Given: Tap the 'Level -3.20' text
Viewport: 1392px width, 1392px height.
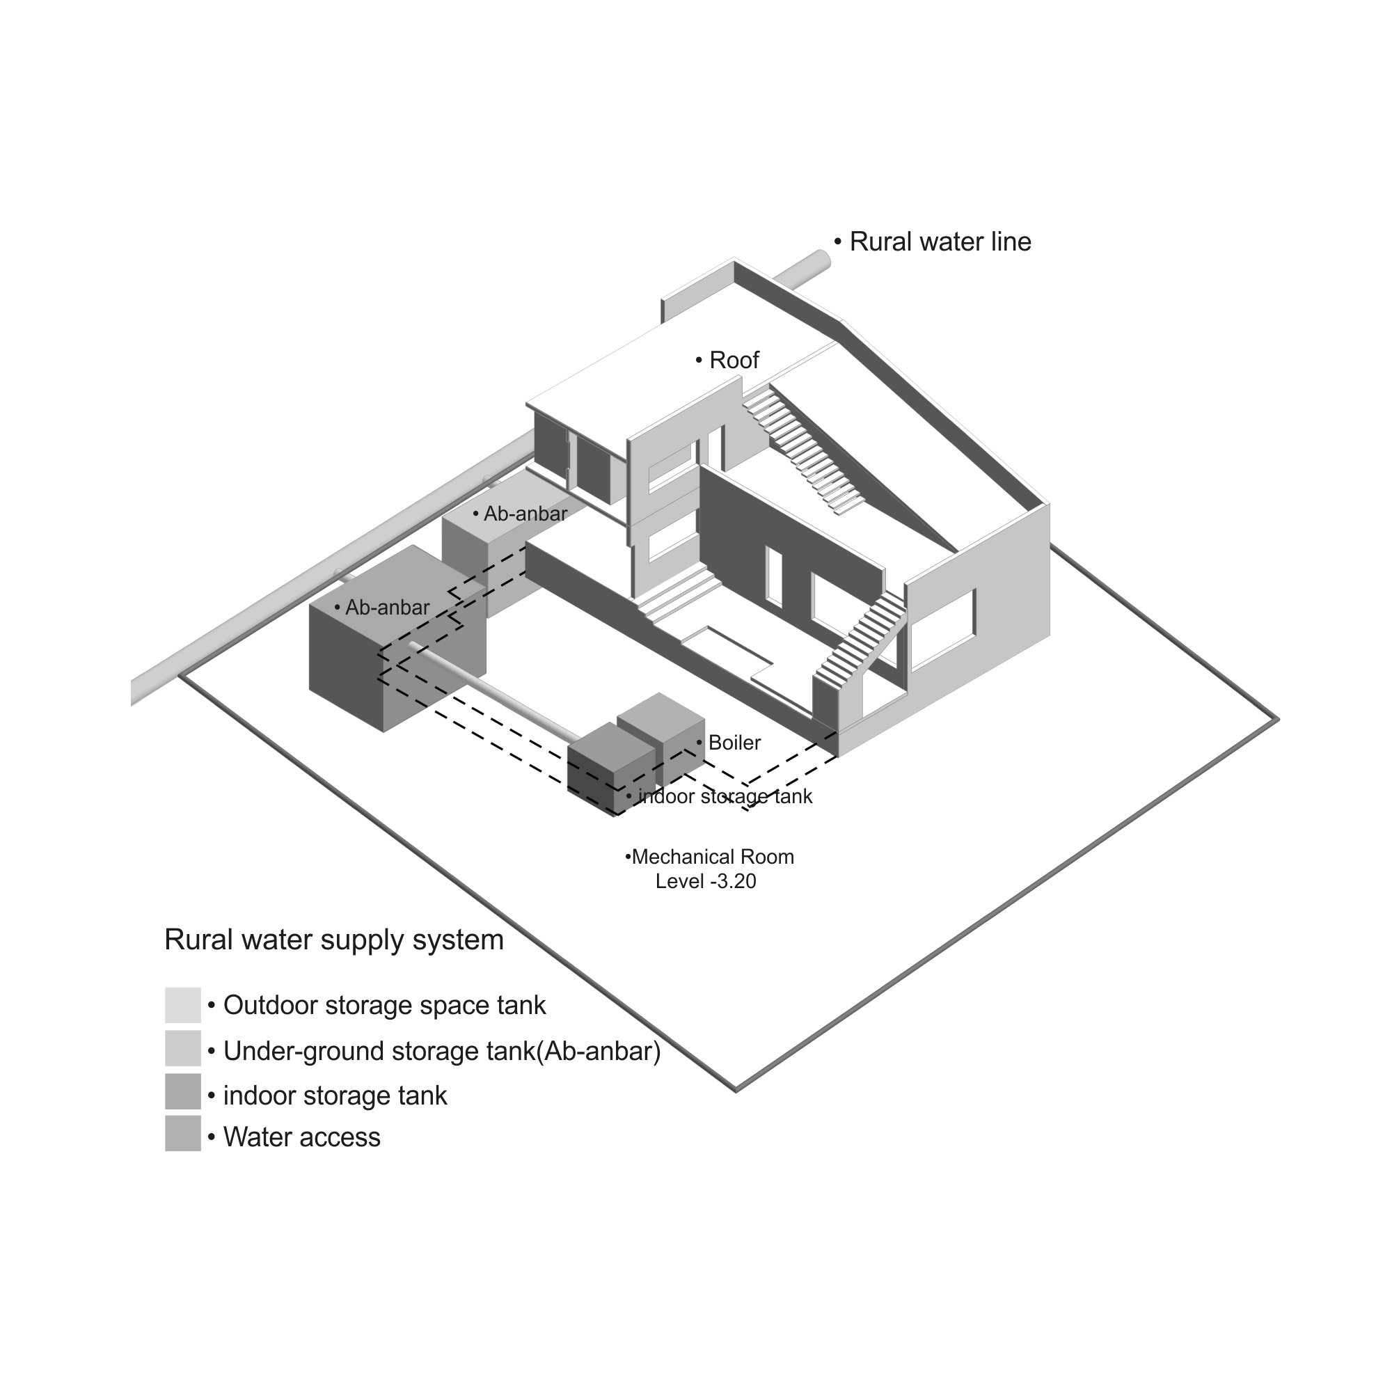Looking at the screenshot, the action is pyautogui.click(x=706, y=882).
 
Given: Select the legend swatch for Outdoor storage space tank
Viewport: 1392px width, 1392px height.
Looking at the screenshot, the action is pyautogui.click(x=183, y=1005).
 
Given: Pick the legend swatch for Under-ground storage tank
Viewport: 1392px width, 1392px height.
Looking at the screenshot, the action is pyautogui.click(x=183, y=1048).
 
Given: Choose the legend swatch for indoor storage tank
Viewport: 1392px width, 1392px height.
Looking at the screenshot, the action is pyautogui.click(x=183, y=1091).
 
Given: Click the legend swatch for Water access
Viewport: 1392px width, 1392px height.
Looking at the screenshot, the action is pyautogui.click(x=183, y=1133).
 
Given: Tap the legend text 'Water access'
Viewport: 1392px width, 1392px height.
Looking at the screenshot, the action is pyautogui.click(x=302, y=1137).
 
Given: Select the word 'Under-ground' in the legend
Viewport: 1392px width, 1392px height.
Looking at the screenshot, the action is pyautogui.click(x=295, y=1051).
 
